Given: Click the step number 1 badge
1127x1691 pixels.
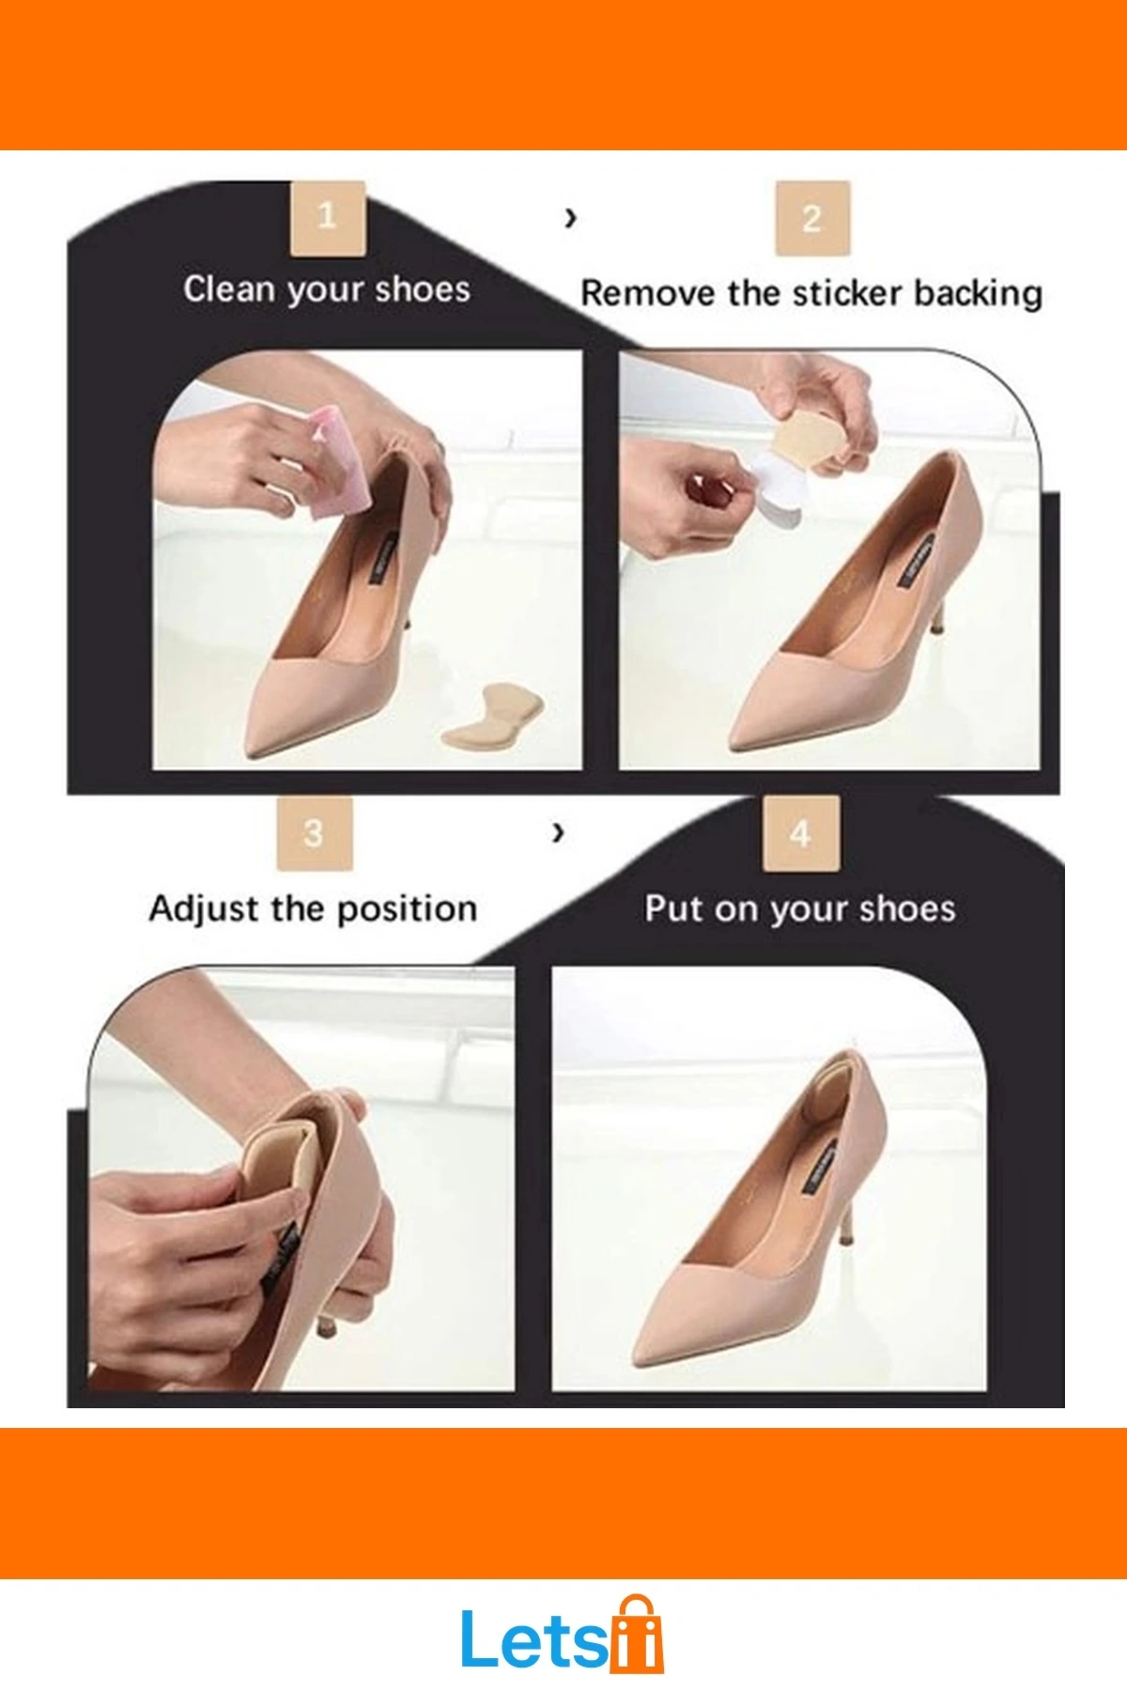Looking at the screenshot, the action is [x=327, y=218].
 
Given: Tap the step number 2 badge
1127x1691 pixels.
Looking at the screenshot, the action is [x=812, y=218].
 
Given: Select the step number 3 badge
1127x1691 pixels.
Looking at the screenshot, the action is [x=314, y=833].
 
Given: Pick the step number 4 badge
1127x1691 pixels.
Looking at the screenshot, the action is [x=800, y=833].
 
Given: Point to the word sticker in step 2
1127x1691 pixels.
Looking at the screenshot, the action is [x=848, y=293].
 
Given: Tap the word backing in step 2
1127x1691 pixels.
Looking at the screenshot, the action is [x=978, y=294].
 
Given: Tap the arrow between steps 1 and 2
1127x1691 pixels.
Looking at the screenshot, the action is [x=570, y=219].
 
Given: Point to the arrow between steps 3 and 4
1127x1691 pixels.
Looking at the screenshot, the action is [x=559, y=831].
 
